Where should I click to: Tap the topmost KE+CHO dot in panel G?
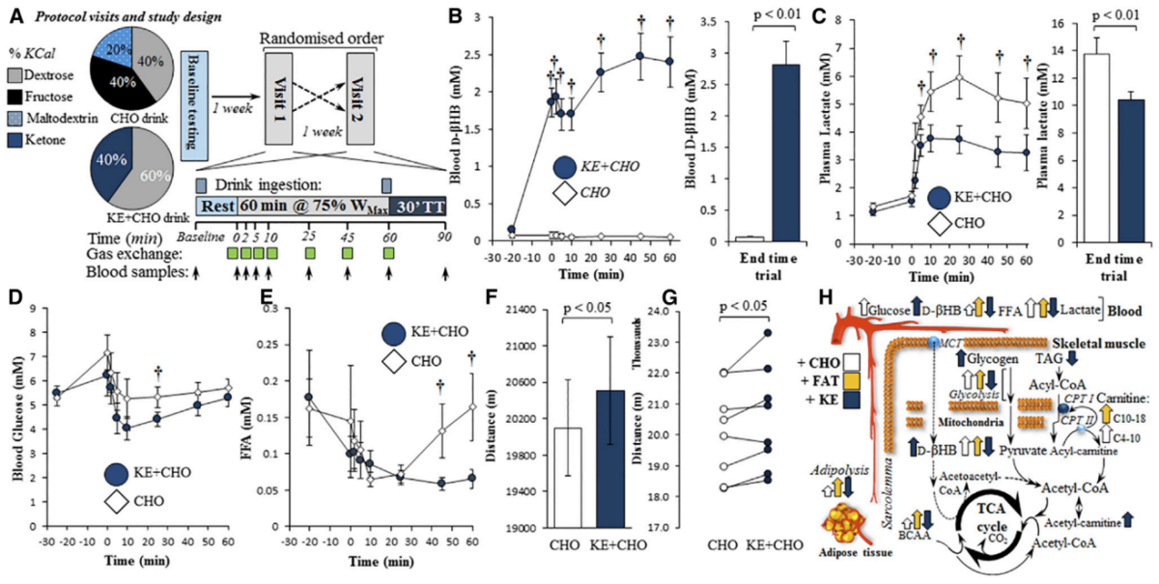(767, 333)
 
